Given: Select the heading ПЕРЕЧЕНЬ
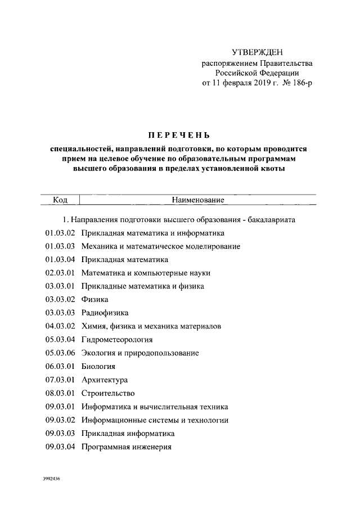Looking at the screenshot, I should point(178,135).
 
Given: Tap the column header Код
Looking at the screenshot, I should point(61,200).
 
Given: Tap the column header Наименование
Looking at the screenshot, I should point(198,200).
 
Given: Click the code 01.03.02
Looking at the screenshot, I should point(60,232).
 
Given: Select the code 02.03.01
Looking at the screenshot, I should point(60,273).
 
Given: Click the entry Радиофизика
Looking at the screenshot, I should point(105,313).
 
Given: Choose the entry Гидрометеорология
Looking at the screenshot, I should point(117,340).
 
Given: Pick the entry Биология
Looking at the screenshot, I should point(98,367).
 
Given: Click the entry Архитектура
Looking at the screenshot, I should point(105,380).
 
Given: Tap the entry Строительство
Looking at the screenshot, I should point(108,394).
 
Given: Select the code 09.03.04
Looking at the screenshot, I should point(60,447).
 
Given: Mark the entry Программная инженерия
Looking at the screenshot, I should point(126,447).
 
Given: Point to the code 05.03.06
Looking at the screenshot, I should point(60,353).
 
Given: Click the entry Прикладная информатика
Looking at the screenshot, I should point(128,434).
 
